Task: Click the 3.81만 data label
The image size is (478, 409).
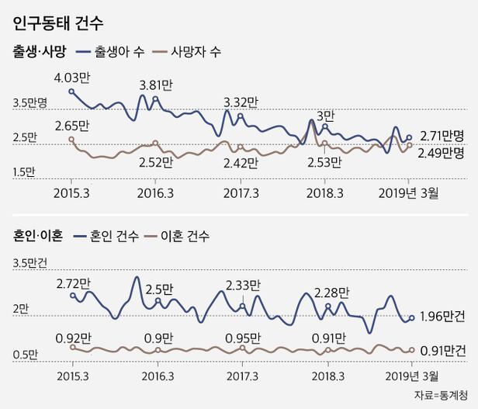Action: pos(156,85)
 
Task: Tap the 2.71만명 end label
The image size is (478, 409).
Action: pos(442,135)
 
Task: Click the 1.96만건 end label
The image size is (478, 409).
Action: pos(442,317)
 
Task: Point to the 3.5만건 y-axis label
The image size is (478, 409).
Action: pos(30,265)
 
